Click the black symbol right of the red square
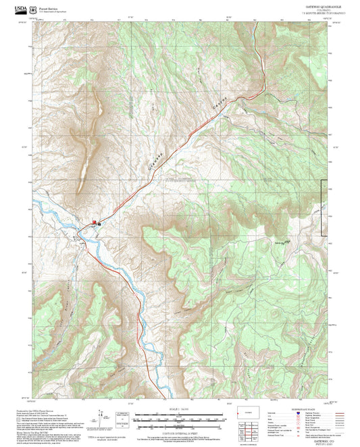coord(99,223)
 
